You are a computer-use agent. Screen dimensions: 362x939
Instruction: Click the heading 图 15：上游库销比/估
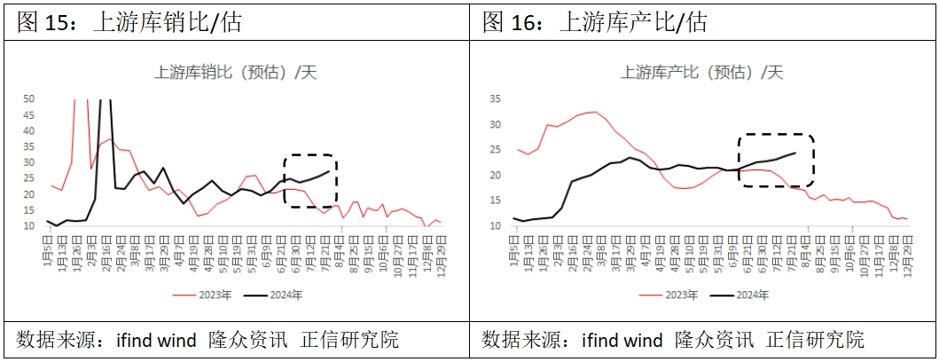click(x=129, y=21)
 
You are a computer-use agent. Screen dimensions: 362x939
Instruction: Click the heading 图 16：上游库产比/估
click(x=595, y=21)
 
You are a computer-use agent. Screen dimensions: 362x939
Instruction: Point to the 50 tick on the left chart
click(x=28, y=98)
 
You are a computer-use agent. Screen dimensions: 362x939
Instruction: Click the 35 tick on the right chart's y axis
click(x=495, y=98)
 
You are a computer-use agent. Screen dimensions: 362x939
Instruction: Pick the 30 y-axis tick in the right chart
click(x=495, y=124)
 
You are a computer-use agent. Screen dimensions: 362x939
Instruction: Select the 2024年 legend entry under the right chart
click(x=743, y=295)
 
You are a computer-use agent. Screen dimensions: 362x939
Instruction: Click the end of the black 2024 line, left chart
click(x=329, y=171)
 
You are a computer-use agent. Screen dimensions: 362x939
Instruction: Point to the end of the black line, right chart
click(x=794, y=153)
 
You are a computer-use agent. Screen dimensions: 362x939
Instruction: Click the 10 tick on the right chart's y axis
click(x=495, y=225)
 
